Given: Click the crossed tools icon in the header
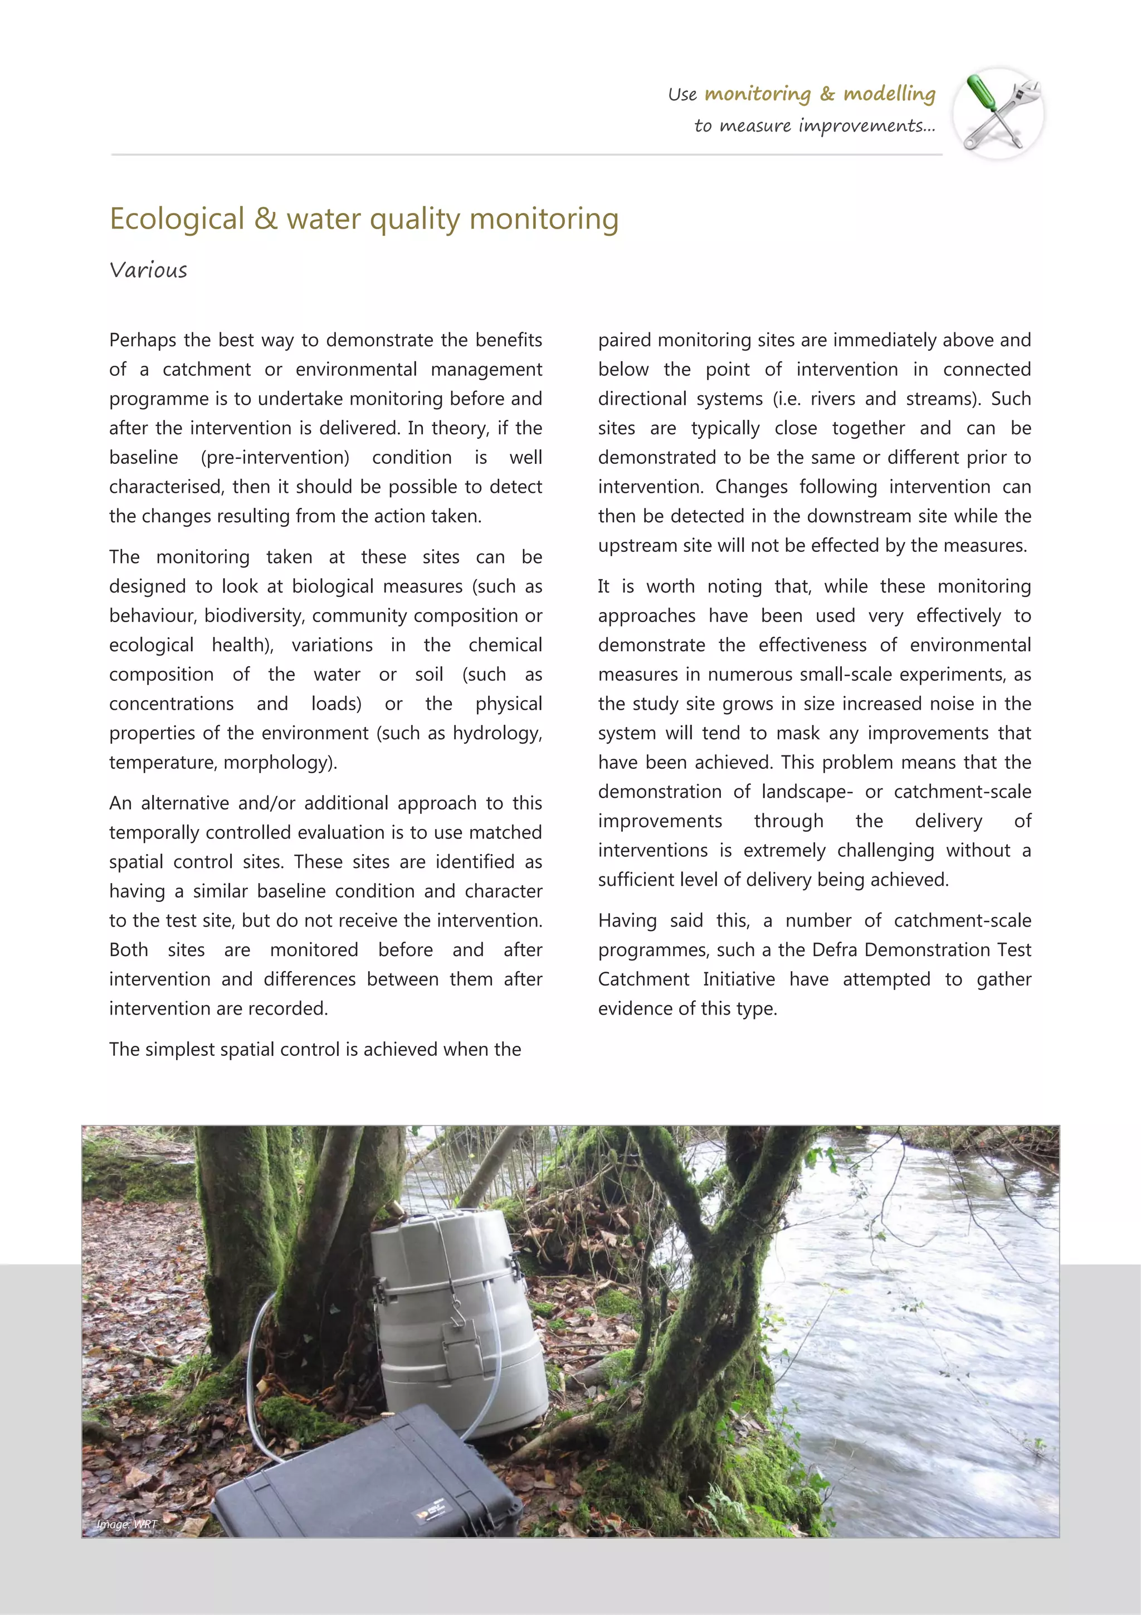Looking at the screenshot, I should click(998, 113).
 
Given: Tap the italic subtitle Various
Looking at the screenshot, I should click(148, 270).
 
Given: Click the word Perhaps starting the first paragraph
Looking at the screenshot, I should click(143, 341).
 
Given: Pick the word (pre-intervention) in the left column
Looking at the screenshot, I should click(275, 458).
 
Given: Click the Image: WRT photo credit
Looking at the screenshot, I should click(126, 1524).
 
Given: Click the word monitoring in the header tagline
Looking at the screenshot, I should click(757, 94).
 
